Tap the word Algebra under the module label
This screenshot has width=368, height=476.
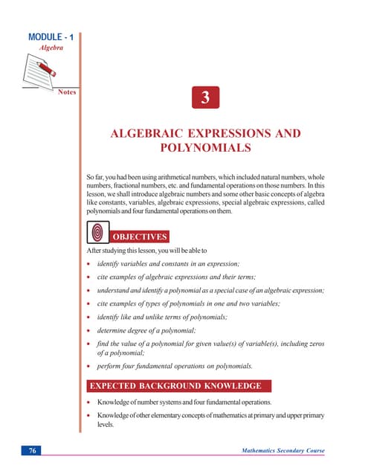tap(51, 47)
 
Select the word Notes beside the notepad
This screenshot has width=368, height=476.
tap(67, 93)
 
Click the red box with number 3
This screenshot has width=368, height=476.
tap(204, 99)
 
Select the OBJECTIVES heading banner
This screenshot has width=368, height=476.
tap(140, 237)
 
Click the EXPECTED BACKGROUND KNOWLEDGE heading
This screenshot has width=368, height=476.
tap(175, 386)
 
